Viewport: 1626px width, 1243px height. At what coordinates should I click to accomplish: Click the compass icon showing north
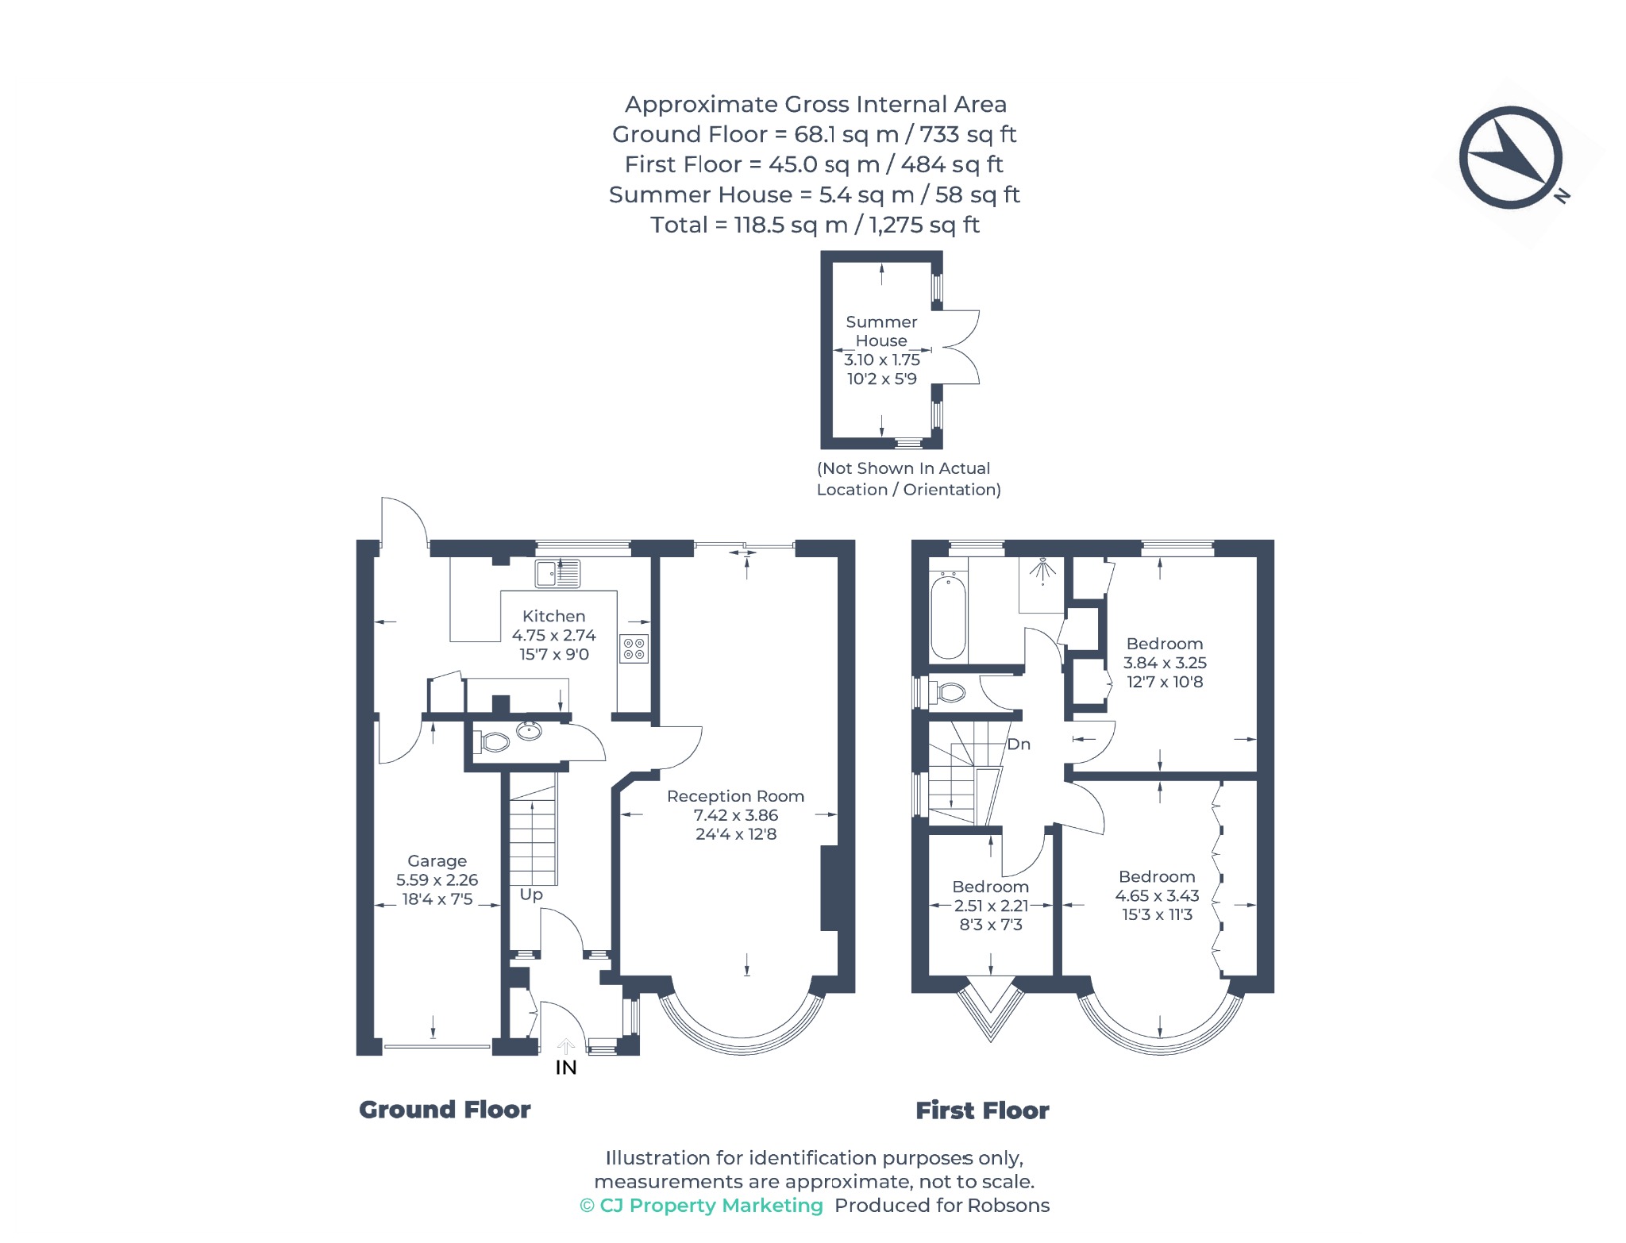coord(1510,158)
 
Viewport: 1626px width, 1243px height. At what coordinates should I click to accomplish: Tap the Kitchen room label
coord(553,616)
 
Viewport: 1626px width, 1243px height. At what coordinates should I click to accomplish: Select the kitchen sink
coord(557,572)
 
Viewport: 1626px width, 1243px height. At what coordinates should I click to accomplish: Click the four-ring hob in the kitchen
coord(634,648)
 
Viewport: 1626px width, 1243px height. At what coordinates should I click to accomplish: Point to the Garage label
coord(437,861)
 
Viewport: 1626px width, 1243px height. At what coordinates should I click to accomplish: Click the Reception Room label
coord(735,796)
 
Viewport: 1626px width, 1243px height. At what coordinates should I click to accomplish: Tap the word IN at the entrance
coord(566,1068)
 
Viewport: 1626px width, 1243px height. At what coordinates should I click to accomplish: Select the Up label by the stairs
coord(531,895)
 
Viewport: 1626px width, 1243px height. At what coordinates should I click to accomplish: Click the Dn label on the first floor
coord(1019,744)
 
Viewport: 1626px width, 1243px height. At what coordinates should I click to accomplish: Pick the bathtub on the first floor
coord(948,617)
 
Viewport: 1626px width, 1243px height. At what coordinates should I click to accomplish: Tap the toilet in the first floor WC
coord(947,692)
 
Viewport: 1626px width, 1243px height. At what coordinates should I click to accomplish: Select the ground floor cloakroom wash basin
coord(530,730)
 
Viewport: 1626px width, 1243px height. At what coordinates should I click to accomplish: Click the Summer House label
coord(881,331)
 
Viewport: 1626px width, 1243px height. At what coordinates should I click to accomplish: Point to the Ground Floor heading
coord(445,1109)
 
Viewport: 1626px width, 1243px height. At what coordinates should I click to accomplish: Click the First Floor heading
coord(982,1110)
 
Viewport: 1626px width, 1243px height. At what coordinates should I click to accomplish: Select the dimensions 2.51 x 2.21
coord(990,906)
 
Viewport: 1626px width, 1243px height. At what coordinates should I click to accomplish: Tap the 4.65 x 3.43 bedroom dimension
coord(1157,895)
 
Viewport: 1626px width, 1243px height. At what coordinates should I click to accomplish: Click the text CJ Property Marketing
coord(711,1205)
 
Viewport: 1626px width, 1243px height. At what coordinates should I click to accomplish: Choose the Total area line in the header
coord(815,225)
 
